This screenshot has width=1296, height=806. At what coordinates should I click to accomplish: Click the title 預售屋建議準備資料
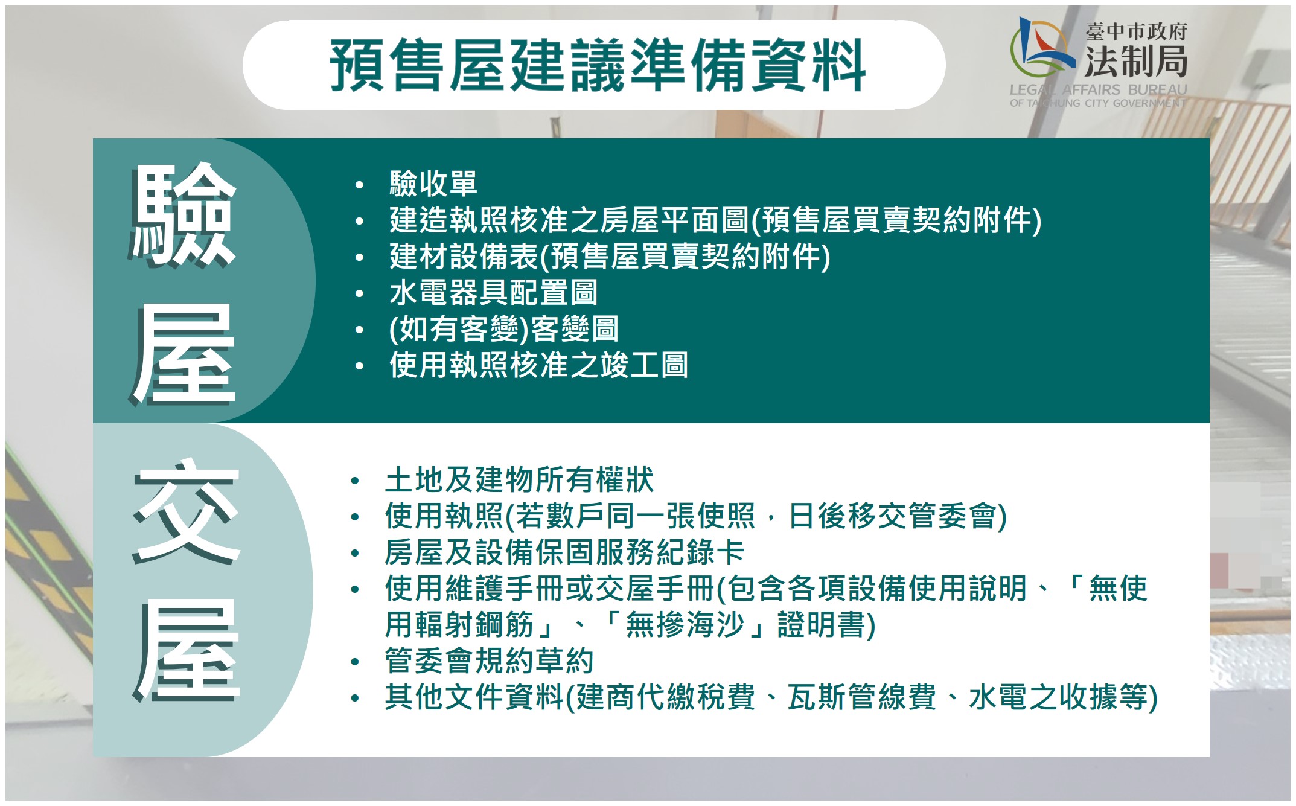pyautogui.click(x=598, y=65)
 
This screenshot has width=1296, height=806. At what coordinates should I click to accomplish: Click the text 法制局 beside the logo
pyautogui.click(x=1136, y=61)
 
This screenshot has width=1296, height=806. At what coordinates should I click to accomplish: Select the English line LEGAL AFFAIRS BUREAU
pyautogui.click(x=1098, y=90)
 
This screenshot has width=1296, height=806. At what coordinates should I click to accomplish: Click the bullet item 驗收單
pyautogui.click(x=433, y=184)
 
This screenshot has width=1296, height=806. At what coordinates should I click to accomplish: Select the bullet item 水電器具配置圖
pyautogui.click(x=494, y=293)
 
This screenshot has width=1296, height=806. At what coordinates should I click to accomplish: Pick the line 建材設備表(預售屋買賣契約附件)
pyautogui.click(x=610, y=257)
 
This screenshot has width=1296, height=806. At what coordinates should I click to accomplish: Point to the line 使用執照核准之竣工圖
pyautogui.click(x=538, y=365)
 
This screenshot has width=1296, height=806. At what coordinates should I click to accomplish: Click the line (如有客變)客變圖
pyautogui.click(x=503, y=329)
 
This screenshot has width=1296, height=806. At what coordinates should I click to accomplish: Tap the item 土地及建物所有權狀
pyautogui.click(x=519, y=480)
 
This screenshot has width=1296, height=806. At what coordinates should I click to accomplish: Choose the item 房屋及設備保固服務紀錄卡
pyautogui.click(x=564, y=552)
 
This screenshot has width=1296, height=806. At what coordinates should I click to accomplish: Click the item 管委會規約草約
pyautogui.click(x=490, y=661)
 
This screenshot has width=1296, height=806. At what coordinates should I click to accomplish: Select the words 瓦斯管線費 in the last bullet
pyautogui.click(x=861, y=697)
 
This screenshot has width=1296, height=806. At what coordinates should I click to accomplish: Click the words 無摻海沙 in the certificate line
pyautogui.click(x=685, y=625)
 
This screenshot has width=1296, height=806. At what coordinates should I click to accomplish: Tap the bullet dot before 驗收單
pyautogui.click(x=360, y=185)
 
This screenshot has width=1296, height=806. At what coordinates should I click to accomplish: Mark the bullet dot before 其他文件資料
pyautogui.click(x=355, y=699)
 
